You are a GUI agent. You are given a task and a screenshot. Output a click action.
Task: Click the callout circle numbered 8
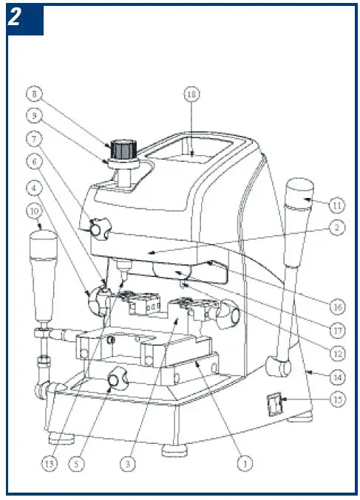34,94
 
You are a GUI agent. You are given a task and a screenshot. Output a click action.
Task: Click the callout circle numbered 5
78,465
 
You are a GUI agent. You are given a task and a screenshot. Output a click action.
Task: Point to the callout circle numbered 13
50,465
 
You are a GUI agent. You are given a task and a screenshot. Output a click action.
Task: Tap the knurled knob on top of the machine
126,149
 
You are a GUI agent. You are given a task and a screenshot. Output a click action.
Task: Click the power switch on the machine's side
273,405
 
